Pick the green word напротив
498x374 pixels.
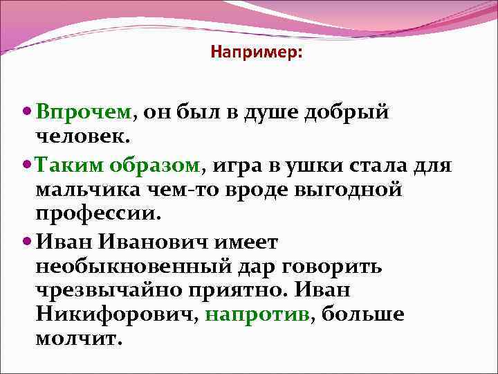pyautogui.click(x=258, y=314)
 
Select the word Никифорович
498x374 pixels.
pyautogui.click(x=118, y=314)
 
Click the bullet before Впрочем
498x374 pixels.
pyautogui.click(x=28, y=112)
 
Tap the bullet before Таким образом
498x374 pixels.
pyautogui.click(x=28, y=166)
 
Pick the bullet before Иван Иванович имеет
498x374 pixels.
pyautogui.click(x=28, y=242)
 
